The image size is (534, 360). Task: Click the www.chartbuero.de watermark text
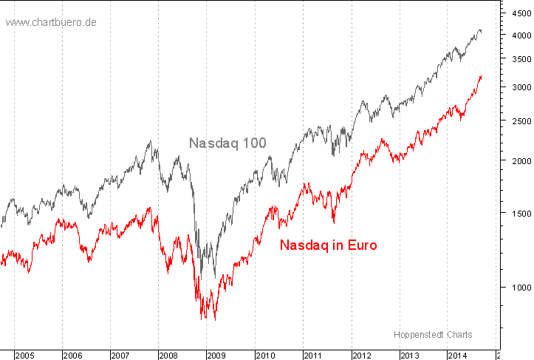click(51, 22)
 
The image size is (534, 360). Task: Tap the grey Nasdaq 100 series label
click(227, 143)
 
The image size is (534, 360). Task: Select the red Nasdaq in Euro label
click(329, 245)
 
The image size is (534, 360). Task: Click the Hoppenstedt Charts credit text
click(433, 334)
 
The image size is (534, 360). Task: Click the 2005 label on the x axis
click(26, 356)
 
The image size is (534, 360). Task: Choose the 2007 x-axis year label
click(121, 356)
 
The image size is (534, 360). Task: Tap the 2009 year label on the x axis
click(217, 356)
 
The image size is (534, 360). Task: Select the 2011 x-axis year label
click(313, 356)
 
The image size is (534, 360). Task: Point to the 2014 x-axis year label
click(457, 356)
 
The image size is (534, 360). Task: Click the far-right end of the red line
click(482, 76)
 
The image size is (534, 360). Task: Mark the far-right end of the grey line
click(482, 31)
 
